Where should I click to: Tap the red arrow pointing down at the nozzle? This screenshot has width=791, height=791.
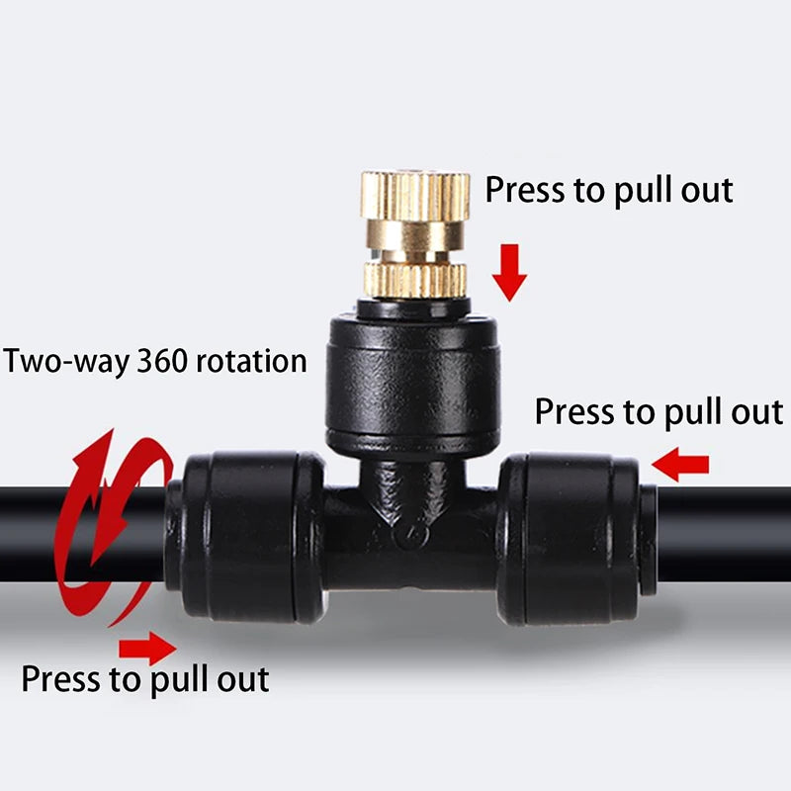[x=510, y=270]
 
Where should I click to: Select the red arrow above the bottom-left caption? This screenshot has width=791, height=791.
[x=147, y=648]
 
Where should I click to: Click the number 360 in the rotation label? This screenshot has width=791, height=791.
[x=164, y=360]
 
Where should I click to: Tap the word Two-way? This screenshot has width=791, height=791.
[x=65, y=360]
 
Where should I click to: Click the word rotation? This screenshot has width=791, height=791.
[x=251, y=360]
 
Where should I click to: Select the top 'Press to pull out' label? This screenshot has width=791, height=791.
[x=608, y=189]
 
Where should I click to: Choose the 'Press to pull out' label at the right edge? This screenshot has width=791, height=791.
[x=659, y=411]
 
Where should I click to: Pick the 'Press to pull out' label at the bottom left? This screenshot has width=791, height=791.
[x=144, y=679]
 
